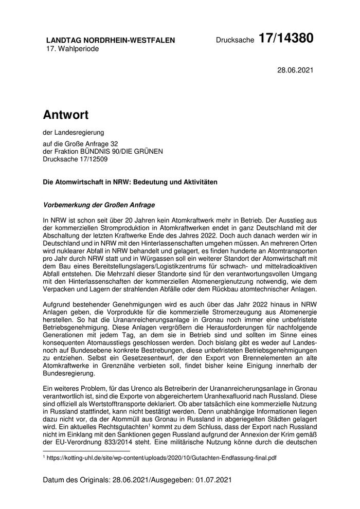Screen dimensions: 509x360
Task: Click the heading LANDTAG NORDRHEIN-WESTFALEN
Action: pyautogui.click(x=110, y=40)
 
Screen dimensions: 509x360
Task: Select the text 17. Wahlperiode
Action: pyautogui.click(x=73, y=49)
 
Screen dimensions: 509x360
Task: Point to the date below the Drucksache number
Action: pyautogui.click(x=295, y=69)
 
